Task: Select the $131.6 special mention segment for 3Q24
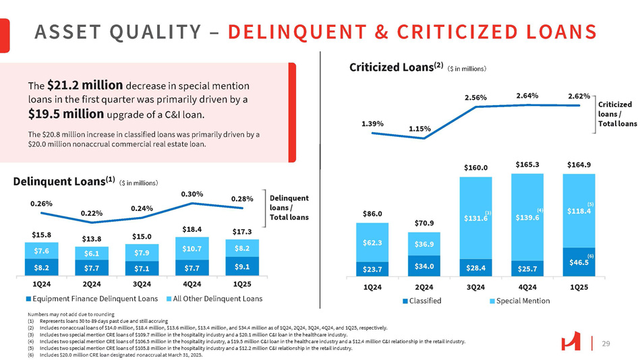(476, 218)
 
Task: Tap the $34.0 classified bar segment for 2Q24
(424, 266)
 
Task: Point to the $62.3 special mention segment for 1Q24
(372, 243)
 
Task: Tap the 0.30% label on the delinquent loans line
(192, 194)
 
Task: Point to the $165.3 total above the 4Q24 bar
(527, 164)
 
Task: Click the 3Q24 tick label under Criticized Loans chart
(476, 287)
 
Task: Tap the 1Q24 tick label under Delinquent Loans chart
(42, 284)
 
